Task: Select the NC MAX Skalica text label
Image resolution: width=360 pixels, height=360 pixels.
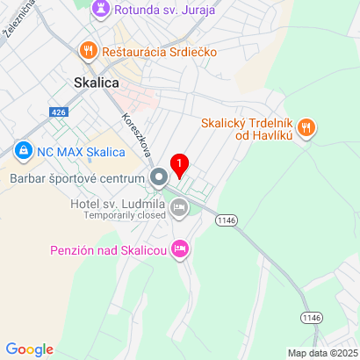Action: tap(81, 151)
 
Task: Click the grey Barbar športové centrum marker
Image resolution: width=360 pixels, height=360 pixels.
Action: tap(159, 179)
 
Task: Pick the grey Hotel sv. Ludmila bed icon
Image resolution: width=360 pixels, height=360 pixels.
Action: tap(180, 208)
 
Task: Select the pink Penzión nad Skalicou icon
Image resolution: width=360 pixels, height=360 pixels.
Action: tap(180, 250)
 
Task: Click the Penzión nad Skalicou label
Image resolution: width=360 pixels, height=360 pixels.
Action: tap(104, 250)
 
